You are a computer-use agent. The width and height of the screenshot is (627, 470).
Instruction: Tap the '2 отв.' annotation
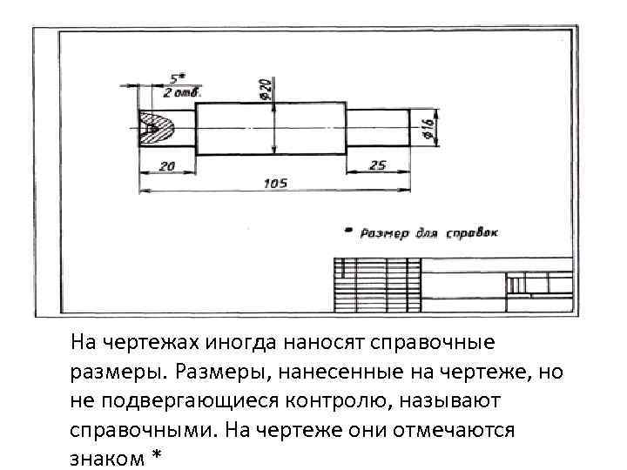click(182, 91)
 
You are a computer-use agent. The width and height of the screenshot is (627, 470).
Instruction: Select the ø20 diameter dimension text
click(265, 87)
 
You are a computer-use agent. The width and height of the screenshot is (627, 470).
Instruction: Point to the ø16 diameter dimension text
click(428, 129)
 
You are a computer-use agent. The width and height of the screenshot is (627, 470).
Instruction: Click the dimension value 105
click(275, 183)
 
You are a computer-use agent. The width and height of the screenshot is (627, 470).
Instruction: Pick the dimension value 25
click(377, 164)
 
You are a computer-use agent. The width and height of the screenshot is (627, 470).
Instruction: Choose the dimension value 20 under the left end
click(166, 164)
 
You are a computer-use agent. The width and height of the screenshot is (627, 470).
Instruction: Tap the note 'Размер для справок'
click(428, 233)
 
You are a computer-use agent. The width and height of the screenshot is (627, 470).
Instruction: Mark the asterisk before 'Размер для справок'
click(349, 232)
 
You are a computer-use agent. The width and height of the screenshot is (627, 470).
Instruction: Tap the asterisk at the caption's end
click(158, 456)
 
